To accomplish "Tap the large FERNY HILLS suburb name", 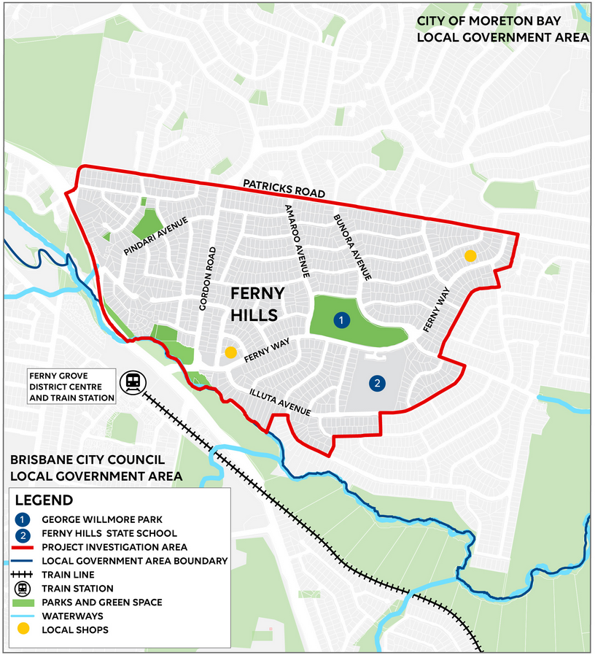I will [254, 304].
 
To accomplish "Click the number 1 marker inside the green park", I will [340, 319].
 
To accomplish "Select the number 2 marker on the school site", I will [377, 382].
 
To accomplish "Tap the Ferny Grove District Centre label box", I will [71, 387].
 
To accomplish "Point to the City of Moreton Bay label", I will [502, 30].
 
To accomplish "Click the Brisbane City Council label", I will [87, 469].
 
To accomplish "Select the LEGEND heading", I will [44, 500].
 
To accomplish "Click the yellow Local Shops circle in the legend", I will [25, 629].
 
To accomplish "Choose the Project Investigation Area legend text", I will [114, 547].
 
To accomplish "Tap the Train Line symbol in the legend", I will [25, 575].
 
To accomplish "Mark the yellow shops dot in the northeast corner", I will [470, 255].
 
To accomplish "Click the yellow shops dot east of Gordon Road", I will [230, 352].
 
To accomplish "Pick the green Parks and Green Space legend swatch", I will [25, 602].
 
